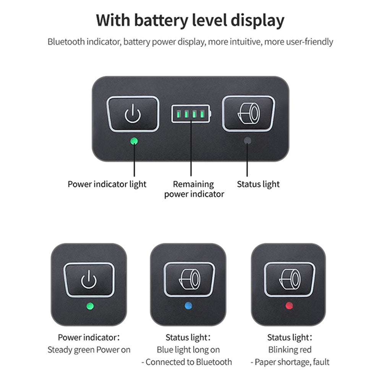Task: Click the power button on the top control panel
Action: click(x=133, y=114)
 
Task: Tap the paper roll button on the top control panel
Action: click(x=249, y=113)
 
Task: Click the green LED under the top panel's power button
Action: click(x=134, y=141)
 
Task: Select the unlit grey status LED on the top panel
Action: click(x=247, y=141)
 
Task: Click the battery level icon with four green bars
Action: click(x=191, y=114)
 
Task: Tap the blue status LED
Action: click(x=188, y=306)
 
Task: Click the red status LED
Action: click(x=289, y=306)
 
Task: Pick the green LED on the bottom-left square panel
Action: click(x=90, y=306)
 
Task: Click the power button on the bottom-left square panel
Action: click(x=89, y=280)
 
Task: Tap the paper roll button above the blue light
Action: click(x=189, y=280)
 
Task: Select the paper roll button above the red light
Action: click(x=290, y=280)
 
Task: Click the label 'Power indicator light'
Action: click(x=107, y=184)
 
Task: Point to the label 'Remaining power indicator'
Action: click(x=194, y=189)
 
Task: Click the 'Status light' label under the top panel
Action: click(x=258, y=184)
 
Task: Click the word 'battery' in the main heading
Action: click(x=161, y=20)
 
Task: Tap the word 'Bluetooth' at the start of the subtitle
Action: click(x=66, y=42)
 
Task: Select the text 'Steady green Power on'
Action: click(x=89, y=350)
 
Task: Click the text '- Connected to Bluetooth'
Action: click(x=187, y=362)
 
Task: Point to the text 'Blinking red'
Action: click(x=290, y=350)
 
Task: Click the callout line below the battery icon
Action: click(x=191, y=149)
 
